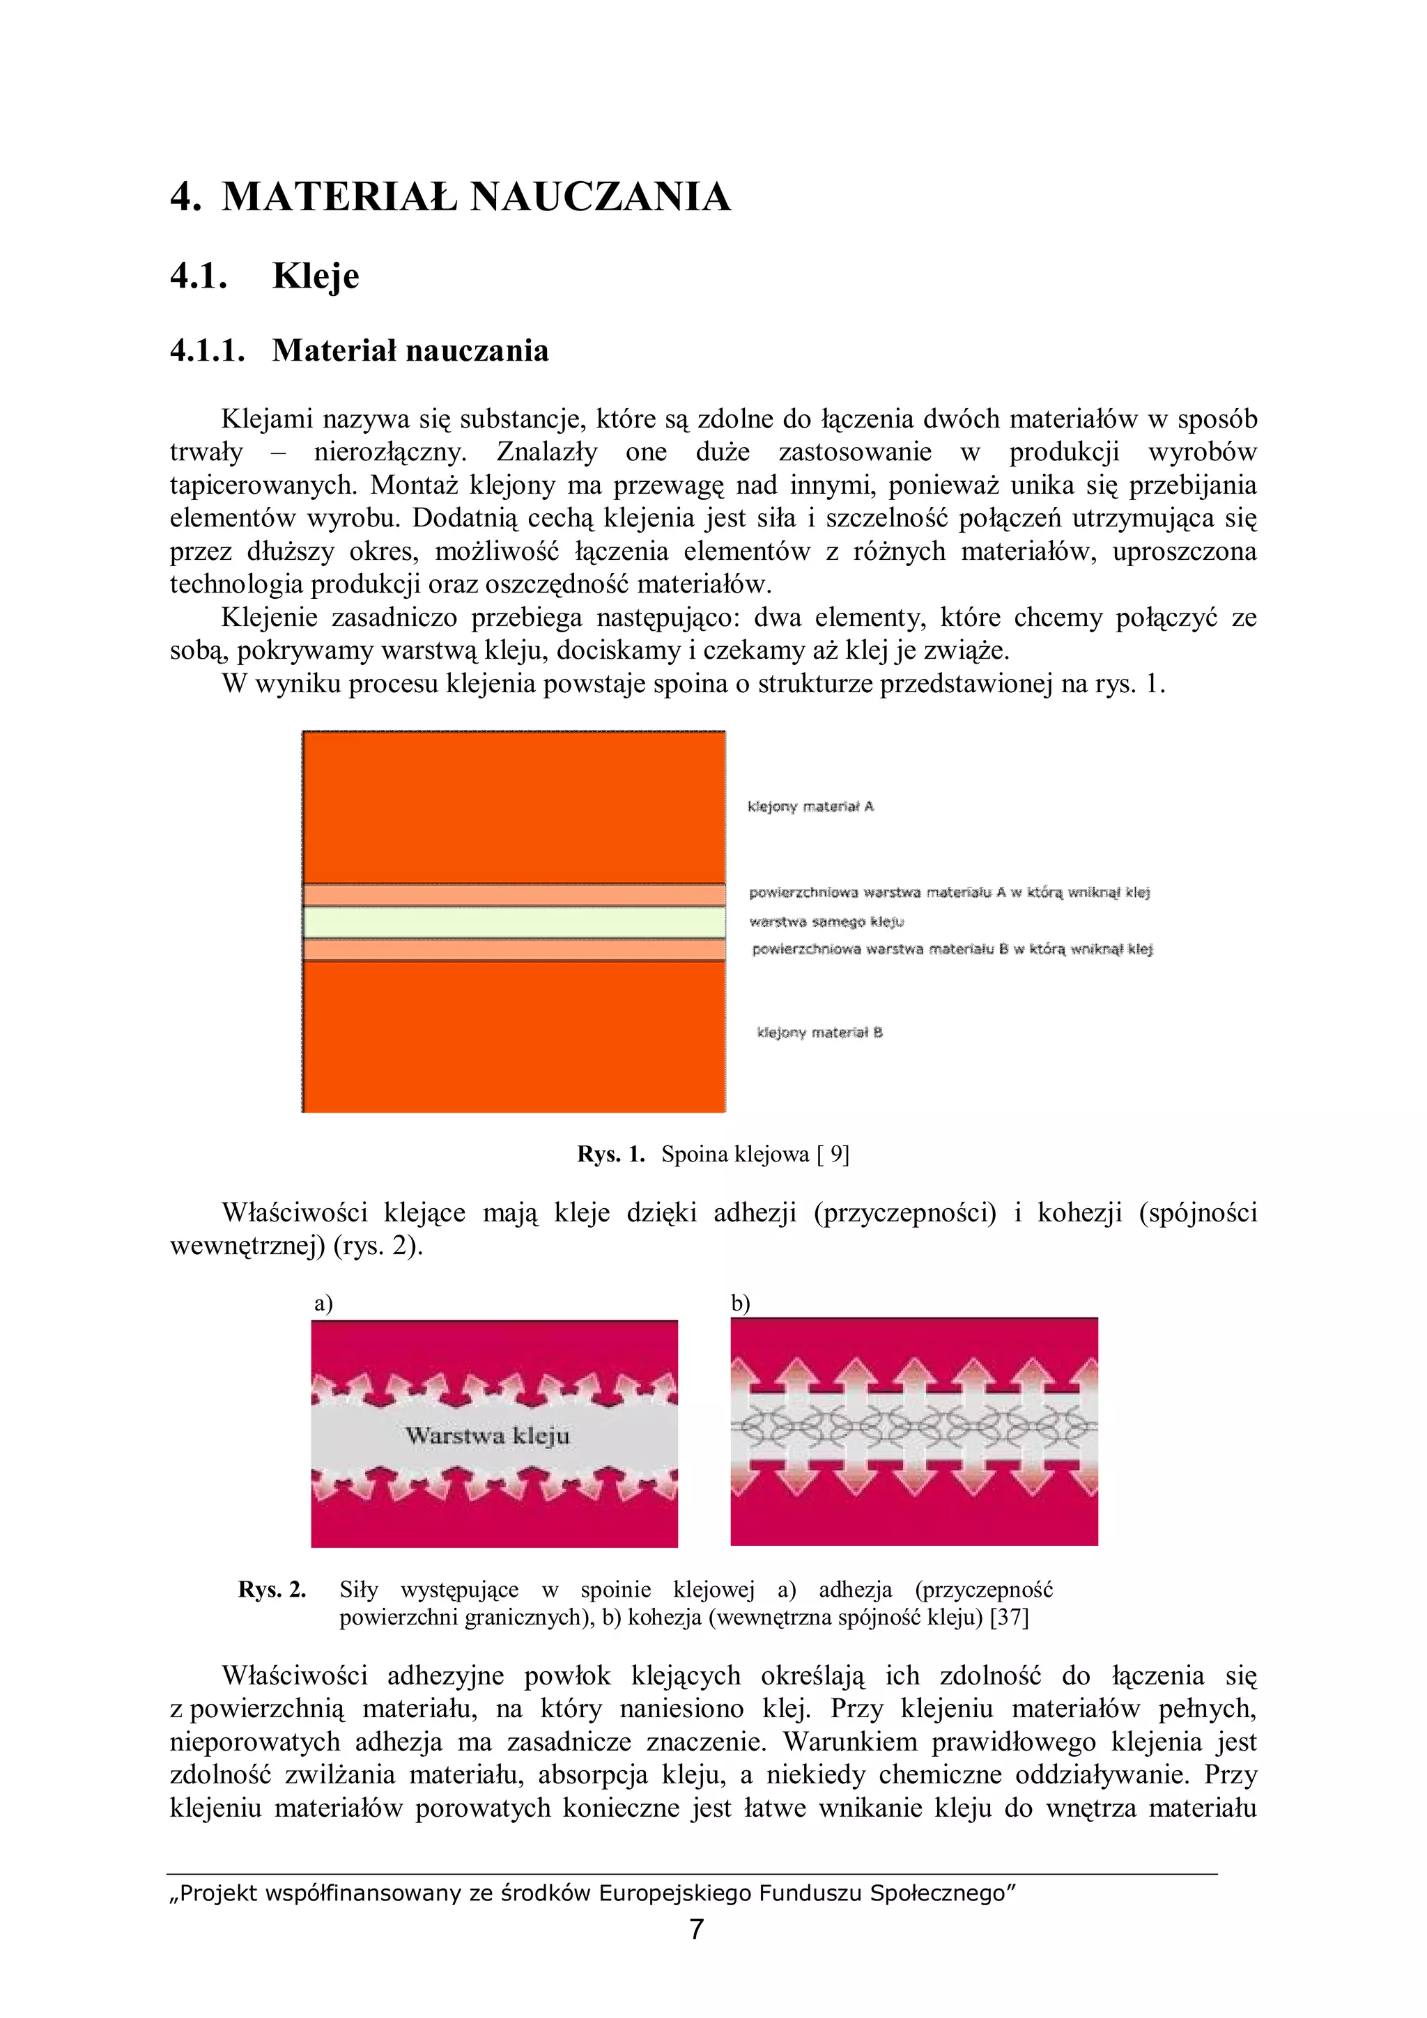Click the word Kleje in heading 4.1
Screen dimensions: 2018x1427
point(316,276)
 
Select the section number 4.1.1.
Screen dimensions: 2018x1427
point(207,351)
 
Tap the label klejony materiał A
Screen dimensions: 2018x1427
point(810,807)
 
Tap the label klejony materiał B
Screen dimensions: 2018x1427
point(819,1033)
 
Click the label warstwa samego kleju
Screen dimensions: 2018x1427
point(826,922)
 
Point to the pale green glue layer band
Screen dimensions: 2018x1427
point(514,922)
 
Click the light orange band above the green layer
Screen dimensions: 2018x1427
point(514,895)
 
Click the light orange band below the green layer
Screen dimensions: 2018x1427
point(514,950)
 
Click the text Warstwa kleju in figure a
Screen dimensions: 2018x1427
point(487,1436)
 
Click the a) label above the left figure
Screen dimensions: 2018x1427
point(323,1303)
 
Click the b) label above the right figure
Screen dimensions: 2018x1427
point(740,1303)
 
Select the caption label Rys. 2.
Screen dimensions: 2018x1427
point(272,1589)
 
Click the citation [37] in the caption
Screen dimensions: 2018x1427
point(1008,1617)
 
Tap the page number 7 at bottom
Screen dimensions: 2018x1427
point(696,1930)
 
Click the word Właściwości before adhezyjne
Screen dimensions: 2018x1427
point(295,1676)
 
